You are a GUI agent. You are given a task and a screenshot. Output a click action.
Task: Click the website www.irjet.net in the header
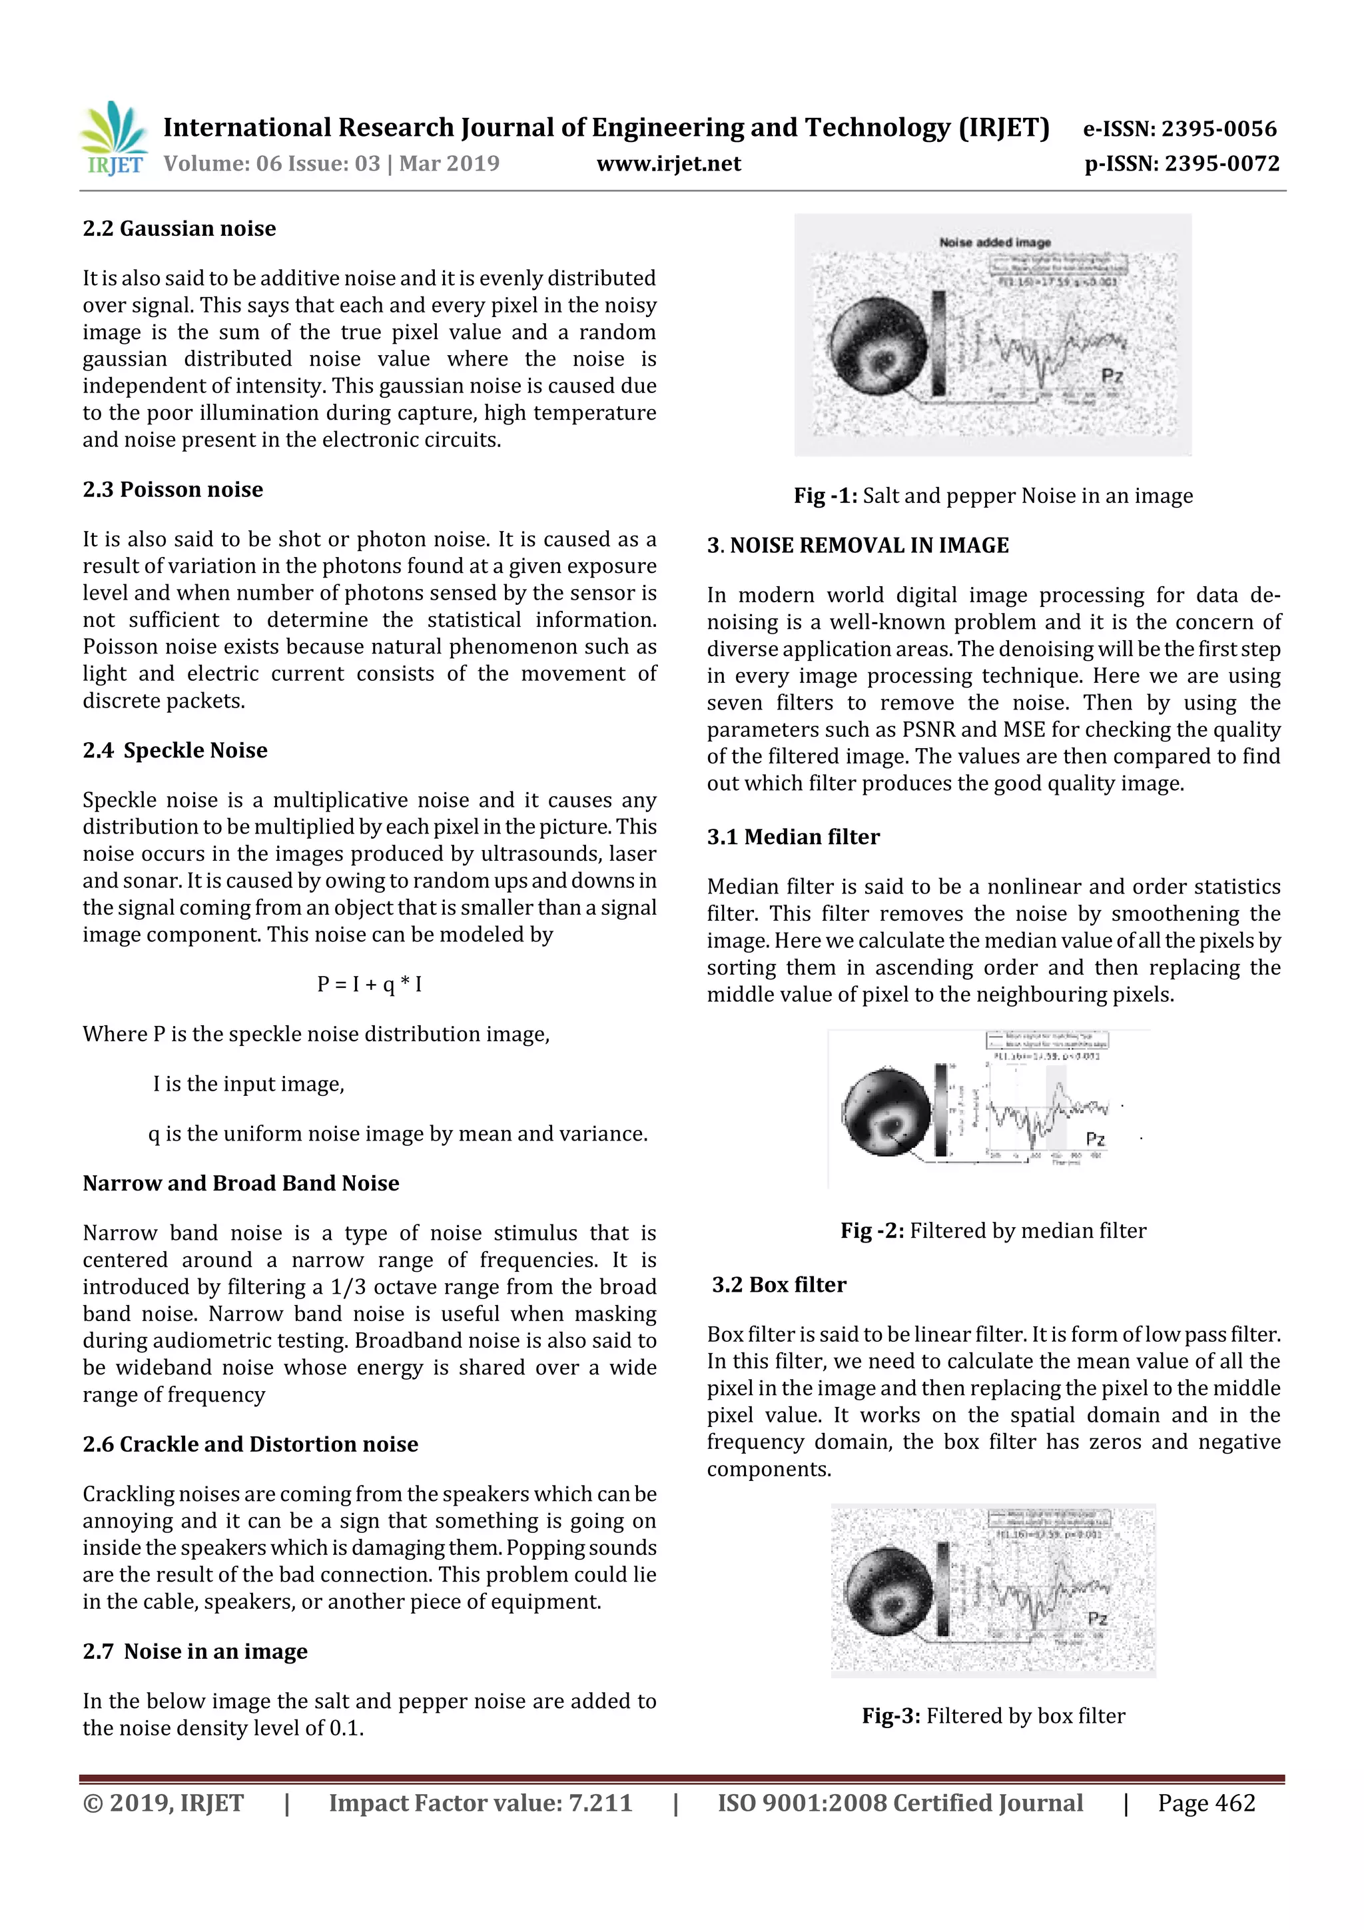click(668, 163)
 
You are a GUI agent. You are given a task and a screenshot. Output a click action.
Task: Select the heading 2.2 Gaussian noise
click(179, 229)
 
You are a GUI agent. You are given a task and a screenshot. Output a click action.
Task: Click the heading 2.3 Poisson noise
click(172, 489)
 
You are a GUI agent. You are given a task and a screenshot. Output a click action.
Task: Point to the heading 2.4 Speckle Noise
click(174, 749)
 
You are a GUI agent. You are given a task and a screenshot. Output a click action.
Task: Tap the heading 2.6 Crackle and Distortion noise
click(250, 1444)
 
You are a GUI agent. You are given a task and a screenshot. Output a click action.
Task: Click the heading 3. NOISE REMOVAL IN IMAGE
click(857, 546)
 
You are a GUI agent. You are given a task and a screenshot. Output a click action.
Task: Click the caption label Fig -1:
click(825, 496)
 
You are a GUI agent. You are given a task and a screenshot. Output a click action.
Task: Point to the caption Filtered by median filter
click(1027, 1230)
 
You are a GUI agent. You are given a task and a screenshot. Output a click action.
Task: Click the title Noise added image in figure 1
click(994, 242)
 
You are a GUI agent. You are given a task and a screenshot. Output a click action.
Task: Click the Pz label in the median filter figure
click(1094, 1139)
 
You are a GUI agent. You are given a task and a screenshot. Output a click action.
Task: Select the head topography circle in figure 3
click(888, 1590)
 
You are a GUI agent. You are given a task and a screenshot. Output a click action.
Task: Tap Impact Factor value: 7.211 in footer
click(480, 1803)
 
